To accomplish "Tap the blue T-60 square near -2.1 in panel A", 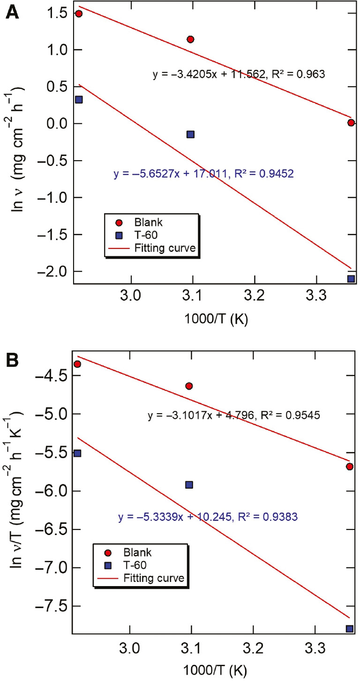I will [351, 279].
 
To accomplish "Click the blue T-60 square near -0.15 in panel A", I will [190, 134].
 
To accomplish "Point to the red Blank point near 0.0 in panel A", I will [351, 123].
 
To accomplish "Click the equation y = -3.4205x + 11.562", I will [239, 74].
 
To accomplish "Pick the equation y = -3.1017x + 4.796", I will [234, 415].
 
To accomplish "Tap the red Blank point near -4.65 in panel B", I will [189, 386].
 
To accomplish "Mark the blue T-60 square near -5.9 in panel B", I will [189, 485].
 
